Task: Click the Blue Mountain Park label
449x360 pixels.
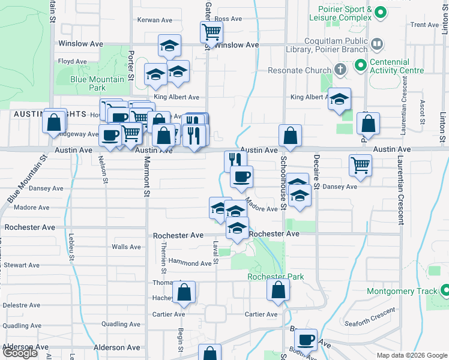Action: [97, 83]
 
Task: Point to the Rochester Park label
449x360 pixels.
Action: [276, 277]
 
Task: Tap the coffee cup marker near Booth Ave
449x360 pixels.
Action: [306, 339]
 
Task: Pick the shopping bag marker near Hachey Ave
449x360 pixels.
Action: [185, 293]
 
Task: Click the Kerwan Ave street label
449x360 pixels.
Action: [155, 20]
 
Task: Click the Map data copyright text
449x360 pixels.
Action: [411, 355]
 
